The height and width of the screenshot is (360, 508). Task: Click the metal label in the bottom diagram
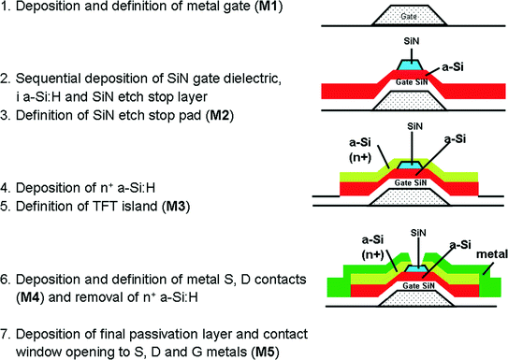pos(486,253)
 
